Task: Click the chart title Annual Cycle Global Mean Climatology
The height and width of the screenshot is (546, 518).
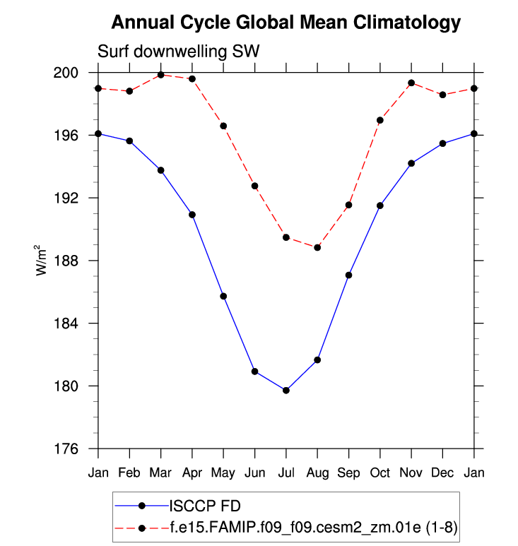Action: [286, 23]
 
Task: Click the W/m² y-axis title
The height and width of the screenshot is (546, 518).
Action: [42, 261]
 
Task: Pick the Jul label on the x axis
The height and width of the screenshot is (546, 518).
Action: [286, 473]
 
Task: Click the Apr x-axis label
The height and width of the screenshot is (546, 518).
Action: [192, 473]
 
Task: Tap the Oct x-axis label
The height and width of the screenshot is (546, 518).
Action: [380, 473]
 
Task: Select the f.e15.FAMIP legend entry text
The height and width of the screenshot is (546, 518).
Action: [310, 527]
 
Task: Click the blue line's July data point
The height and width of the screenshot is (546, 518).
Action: [286, 391]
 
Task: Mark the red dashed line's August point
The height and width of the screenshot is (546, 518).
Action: [317, 247]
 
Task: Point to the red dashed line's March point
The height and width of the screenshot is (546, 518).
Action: [161, 75]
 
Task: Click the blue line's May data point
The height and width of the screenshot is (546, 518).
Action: [223, 296]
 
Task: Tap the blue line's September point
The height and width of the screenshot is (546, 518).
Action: [348, 275]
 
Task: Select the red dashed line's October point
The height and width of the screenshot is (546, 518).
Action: [380, 120]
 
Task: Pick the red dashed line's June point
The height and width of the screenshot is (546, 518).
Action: [254, 186]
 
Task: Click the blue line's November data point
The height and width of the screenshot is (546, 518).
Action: [411, 163]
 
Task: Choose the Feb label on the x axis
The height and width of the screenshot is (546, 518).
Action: [129, 473]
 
